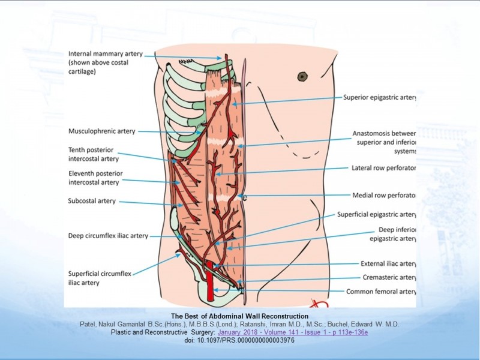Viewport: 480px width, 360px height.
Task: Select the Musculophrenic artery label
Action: [x=102, y=131]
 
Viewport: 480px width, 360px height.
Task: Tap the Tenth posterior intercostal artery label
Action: [x=94, y=154]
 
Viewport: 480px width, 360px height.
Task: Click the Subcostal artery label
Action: [x=92, y=201]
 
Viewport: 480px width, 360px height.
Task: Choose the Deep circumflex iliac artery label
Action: [x=108, y=236]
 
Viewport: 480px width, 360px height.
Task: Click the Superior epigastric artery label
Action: [x=380, y=97]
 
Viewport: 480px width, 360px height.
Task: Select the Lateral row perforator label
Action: [x=383, y=168]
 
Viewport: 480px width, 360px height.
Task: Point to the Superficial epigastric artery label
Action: [x=376, y=214]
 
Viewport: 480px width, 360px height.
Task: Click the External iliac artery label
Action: [x=388, y=263]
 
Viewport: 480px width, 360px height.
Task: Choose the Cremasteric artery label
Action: [x=389, y=277]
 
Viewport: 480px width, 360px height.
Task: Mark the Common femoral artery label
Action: [x=382, y=292]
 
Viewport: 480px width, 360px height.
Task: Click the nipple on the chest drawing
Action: [x=302, y=76]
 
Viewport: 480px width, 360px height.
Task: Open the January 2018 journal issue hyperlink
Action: [x=293, y=332]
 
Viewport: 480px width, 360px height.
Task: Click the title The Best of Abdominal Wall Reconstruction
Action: [x=239, y=316]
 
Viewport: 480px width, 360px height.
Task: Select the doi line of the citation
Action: [x=239, y=340]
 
